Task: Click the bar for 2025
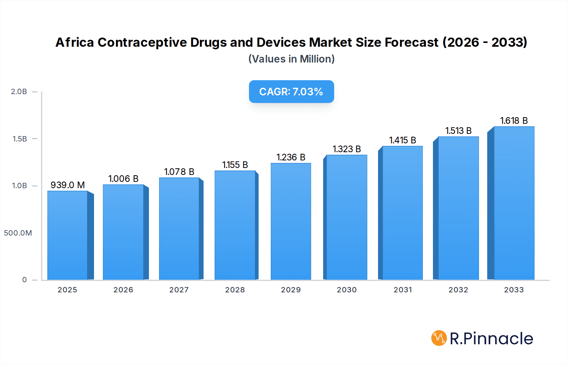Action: pyautogui.click(x=68, y=235)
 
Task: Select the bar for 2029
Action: pyautogui.click(x=291, y=221)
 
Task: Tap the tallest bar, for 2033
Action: pyautogui.click(x=514, y=203)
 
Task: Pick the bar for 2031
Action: pyautogui.click(x=402, y=213)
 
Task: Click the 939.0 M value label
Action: pyautogui.click(x=68, y=185)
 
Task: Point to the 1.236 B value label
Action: pyautogui.click(x=291, y=157)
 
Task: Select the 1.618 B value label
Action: pyautogui.click(x=514, y=121)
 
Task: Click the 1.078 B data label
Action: pyautogui.click(x=179, y=172)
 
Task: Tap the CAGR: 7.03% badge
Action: pyautogui.click(x=291, y=92)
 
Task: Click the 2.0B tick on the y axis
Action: pyautogui.click(x=19, y=92)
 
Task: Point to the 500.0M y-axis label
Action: pyautogui.click(x=18, y=233)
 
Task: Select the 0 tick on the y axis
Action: pyautogui.click(x=24, y=280)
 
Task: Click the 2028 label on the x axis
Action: pyautogui.click(x=235, y=290)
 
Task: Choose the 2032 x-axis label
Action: pyautogui.click(x=458, y=290)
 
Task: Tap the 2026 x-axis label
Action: pyautogui.click(x=123, y=290)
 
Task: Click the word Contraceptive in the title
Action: pyautogui.click(x=142, y=42)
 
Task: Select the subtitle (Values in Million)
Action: pyautogui.click(x=291, y=59)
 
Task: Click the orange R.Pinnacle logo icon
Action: pyautogui.click(x=439, y=338)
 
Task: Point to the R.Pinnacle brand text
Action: pyautogui.click(x=491, y=338)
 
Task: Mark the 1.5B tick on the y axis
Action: pyautogui.click(x=20, y=139)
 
